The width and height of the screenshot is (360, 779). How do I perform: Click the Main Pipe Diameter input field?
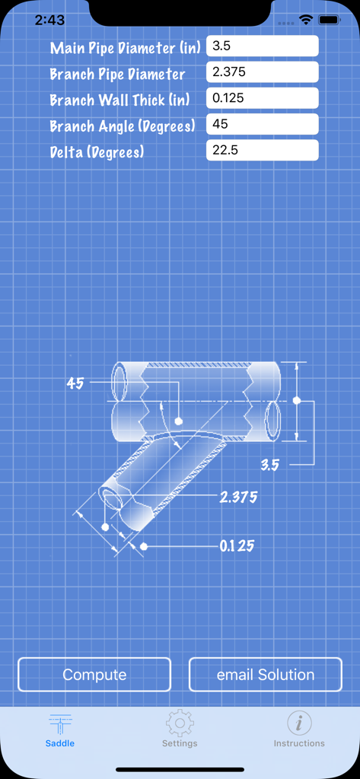(262, 46)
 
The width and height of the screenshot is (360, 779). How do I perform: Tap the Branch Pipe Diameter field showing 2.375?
(262, 73)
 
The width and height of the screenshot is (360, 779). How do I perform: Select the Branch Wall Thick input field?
(262, 99)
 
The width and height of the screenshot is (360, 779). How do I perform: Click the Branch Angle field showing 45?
(262, 125)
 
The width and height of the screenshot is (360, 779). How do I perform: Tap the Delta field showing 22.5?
(262, 151)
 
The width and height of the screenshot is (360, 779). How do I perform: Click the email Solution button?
(266, 675)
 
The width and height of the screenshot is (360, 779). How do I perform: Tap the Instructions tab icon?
(299, 723)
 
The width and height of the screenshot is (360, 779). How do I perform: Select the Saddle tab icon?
(60, 723)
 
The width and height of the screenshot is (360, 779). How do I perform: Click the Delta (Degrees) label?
(97, 152)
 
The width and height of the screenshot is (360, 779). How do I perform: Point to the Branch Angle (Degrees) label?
(123, 126)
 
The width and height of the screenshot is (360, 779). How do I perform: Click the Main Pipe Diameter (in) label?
(126, 48)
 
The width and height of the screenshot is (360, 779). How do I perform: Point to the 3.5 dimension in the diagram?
(270, 465)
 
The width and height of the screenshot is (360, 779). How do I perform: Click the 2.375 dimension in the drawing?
(238, 498)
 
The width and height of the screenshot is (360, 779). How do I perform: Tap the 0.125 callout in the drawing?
(237, 546)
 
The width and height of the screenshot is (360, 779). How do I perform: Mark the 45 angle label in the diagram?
(75, 383)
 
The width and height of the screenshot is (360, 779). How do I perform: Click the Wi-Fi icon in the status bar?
(306, 21)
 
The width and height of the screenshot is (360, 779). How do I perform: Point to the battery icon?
(329, 21)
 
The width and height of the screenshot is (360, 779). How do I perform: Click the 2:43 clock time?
(49, 21)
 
